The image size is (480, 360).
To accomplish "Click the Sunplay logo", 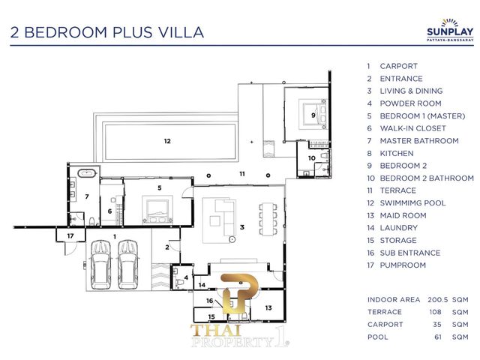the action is point(450,30).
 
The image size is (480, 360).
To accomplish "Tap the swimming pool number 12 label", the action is point(167,141).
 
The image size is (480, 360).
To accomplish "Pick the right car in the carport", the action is point(128,265).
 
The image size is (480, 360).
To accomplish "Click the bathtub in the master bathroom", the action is point(87,173).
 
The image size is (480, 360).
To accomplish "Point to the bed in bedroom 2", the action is point(313,115).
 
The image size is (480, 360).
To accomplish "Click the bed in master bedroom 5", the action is point(157,209).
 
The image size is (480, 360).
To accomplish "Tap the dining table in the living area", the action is point(268,219).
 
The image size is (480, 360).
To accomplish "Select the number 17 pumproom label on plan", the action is point(70,235).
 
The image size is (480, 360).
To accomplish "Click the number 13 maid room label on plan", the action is point(268,307).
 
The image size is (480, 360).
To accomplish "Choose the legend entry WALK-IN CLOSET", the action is point(412,128).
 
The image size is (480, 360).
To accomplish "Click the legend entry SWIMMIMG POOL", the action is point(412,203).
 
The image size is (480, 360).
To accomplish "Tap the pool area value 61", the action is point(438,337).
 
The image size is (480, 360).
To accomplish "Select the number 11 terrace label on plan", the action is point(242,174).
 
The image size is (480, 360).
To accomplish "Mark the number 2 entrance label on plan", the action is point(167,247).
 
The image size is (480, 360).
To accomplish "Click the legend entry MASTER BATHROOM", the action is point(419,141).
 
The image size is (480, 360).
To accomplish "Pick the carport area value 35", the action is point(437,325).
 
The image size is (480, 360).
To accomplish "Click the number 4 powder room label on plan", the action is point(186,278).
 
